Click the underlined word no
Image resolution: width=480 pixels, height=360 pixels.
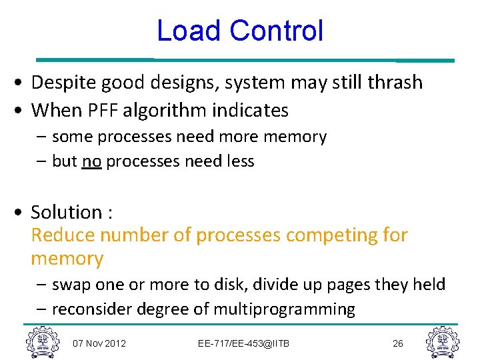(91, 161)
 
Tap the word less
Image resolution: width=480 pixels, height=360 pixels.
(241, 161)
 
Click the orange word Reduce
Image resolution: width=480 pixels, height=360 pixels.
(63, 235)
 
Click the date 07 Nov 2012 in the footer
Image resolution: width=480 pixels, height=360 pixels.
(100, 343)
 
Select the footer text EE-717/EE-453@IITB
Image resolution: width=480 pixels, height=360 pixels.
(244, 343)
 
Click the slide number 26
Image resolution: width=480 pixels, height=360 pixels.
(398, 343)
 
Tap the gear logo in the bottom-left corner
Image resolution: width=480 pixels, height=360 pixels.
(41, 342)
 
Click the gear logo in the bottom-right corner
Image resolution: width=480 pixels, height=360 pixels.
(442, 342)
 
